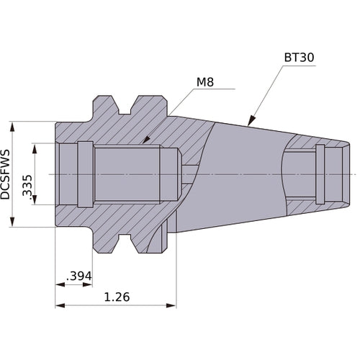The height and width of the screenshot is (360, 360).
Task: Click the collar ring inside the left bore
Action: coord(85,174)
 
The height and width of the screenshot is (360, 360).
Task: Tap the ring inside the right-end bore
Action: coord(320,174)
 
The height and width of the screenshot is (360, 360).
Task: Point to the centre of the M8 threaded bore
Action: coord(126,174)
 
